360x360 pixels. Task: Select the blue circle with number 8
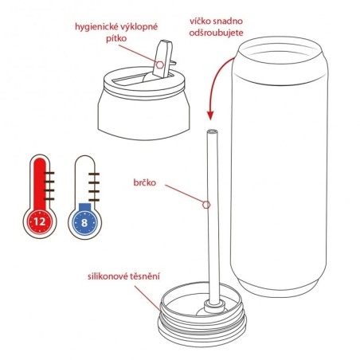84,218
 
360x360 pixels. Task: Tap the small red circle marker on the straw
206,205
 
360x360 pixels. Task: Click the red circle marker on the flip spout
159,64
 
